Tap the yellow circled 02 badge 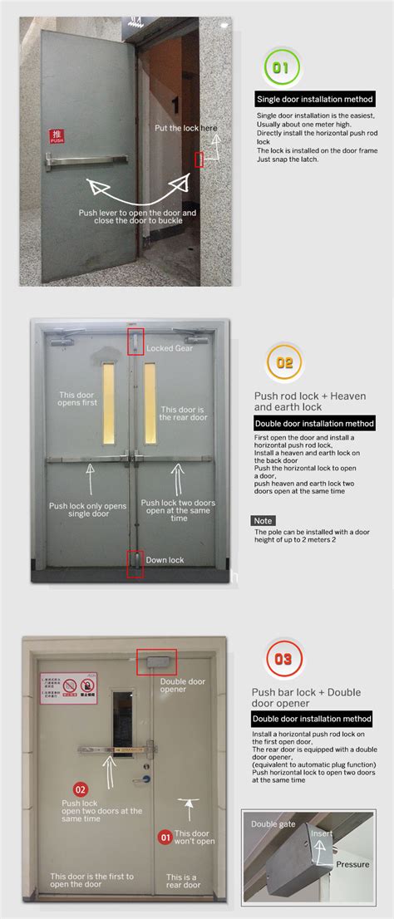pyautogui.click(x=284, y=362)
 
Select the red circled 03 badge pyautogui.click(x=283, y=660)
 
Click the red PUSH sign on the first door pyautogui.click(x=57, y=136)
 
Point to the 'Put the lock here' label pyautogui.click(x=185, y=128)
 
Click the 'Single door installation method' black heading pyautogui.click(x=315, y=99)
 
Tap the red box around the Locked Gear pyautogui.click(x=135, y=342)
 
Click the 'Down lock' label pyautogui.click(x=165, y=559)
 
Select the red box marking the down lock pyautogui.click(x=135, y=563)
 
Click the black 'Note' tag pyautogui.click(x=263, y=520)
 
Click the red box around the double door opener pyautogui.click(x=157, y=662)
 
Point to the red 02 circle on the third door pyautogui.click(x=81, y=789)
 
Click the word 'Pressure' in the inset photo pyautogui.click(x=352, y=864)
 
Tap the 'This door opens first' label pyautogui.click(x=78, y=398)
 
